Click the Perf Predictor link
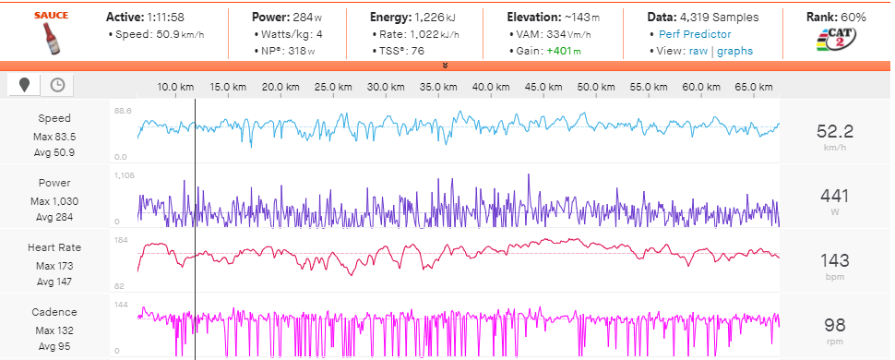[x=695, y=34]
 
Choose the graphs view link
[x=734, y=51]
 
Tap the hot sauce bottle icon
[x=47, y=40]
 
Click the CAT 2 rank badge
[x=834, y=42]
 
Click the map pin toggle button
[x=24, y=85]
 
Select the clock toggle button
[x=57, y=85]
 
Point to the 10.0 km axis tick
[x=174, y=87]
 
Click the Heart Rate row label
[x=54, y=247]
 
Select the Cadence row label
[x=54, y=312]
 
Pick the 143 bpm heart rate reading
[x=836, y=259]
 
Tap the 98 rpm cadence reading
[x=836, y=324]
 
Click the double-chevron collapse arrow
[x=446, y=66]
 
